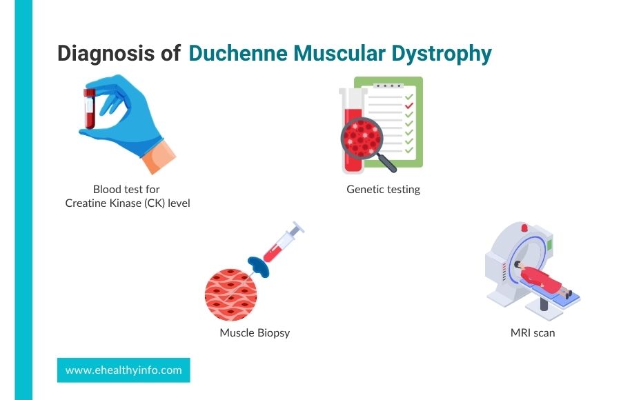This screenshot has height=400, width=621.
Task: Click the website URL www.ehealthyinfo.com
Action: [124, 370]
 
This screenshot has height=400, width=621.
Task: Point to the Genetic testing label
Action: [383, 189]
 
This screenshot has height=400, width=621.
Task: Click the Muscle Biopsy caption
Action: [255, 332]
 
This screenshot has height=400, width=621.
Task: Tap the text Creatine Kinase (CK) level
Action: [127, 203]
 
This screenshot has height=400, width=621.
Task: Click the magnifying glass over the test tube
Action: [363, 141]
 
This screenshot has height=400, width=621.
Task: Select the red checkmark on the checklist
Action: [408, 106]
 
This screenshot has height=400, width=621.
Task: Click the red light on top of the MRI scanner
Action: [524, 228]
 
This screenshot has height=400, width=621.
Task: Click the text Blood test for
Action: [127, 189]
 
